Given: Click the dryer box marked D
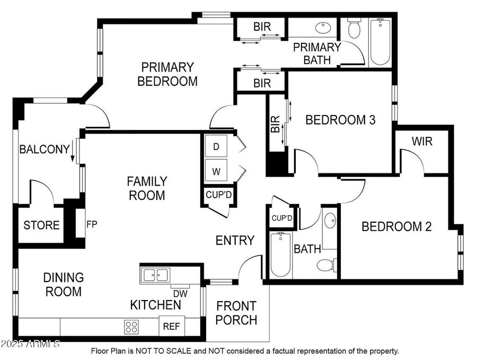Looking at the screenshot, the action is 216,146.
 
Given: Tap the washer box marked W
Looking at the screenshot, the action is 216,170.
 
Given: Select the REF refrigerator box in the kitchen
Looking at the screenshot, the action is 172,326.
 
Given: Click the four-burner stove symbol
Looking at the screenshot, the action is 131,327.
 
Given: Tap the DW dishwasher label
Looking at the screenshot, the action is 180,294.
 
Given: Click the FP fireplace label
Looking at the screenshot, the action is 92,224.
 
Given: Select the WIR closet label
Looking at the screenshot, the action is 422,141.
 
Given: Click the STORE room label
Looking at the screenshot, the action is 41,225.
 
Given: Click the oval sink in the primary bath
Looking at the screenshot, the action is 323,28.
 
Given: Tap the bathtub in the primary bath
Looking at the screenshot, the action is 380,42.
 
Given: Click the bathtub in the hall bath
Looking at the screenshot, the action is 280,254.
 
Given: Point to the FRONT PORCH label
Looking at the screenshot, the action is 236,313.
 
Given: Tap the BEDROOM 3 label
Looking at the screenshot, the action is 340,120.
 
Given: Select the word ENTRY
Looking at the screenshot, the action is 235,240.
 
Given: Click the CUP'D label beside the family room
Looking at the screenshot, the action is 219,195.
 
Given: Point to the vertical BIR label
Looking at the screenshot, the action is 275,124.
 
